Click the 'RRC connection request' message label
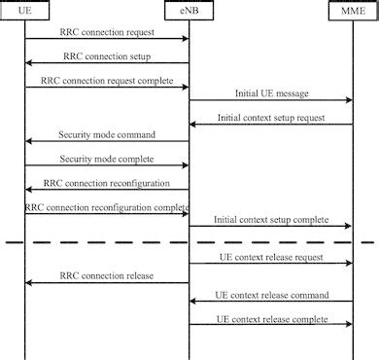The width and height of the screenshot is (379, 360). coord(106,33)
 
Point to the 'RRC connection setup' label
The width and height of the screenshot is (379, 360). coord(106,56)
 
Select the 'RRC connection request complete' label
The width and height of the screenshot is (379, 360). coord(107,81)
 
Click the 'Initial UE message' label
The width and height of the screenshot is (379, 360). coord(271,94)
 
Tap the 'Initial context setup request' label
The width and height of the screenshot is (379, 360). coord(270,118)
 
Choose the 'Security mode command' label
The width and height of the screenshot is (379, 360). coord(107,134)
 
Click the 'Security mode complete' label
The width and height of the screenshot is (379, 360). coord(107,158)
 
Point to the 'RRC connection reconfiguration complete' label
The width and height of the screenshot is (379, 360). coord(106,206)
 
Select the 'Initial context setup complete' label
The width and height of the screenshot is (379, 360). coord(270,220)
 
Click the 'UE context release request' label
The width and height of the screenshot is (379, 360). coord(271,258)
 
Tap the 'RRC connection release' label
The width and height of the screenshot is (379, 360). coord(106,275)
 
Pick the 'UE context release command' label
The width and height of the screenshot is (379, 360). coord(271,294)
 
